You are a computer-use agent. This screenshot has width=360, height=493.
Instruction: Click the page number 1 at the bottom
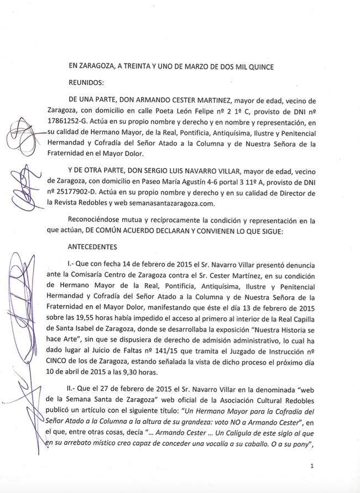click(312, 468)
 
